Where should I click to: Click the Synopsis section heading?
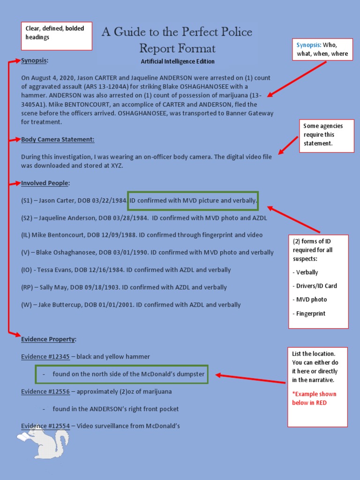35,61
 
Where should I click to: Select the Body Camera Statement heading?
58,139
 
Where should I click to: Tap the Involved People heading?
45,183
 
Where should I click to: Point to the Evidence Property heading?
49,339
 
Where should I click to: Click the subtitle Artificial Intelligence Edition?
178,61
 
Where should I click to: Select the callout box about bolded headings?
56,36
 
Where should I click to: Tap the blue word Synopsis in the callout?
307,45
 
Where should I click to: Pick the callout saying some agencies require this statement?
326,135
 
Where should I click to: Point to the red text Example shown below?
314,398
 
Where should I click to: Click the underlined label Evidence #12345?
45,357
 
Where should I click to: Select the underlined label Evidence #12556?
45,391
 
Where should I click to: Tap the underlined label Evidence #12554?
45,426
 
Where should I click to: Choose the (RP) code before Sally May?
27,287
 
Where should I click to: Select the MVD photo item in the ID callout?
311,300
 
